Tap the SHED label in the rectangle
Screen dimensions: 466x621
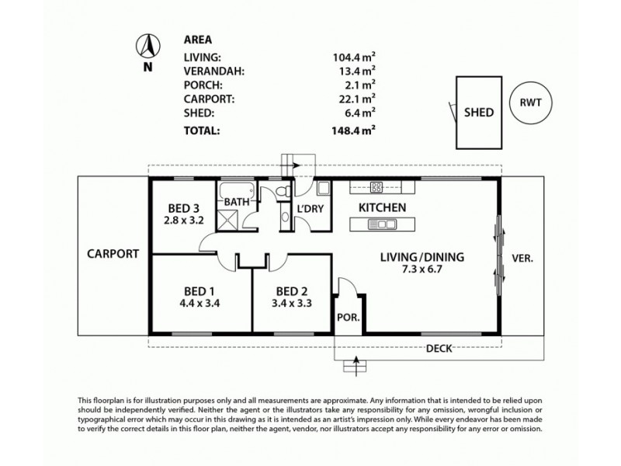click(478, 112)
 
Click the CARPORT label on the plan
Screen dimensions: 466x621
click(113, 253)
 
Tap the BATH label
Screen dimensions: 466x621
click(237, 203)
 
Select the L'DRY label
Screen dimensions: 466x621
click(310, 208)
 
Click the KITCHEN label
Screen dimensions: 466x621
click(382, 207)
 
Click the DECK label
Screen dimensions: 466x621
click(439, 349)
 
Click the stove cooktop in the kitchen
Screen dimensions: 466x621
click(376, 186)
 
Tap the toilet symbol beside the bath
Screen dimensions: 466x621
click(285, 191)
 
